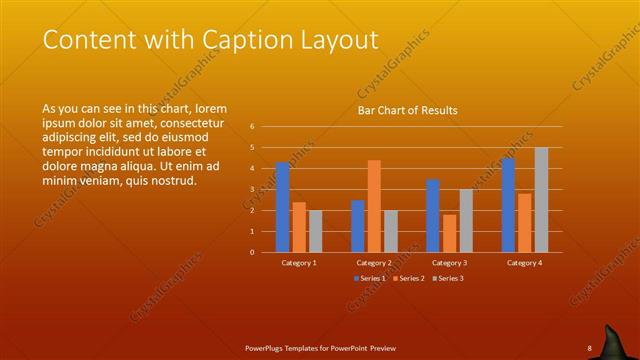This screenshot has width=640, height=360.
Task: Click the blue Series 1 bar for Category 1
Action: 283,207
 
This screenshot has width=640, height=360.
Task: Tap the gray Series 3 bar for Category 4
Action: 541,200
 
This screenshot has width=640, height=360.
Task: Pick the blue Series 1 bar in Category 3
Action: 433,215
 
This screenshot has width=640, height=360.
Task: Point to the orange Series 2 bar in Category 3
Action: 450,233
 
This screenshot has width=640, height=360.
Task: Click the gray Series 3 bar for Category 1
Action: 316,231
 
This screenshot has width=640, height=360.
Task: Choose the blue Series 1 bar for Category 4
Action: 508,205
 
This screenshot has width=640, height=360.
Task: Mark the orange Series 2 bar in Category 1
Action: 299,227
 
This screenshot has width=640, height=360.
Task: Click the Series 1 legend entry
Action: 371,278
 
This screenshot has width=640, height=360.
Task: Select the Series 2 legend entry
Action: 409,278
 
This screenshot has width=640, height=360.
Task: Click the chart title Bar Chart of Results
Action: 408,111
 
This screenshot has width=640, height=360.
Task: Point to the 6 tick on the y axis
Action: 253,127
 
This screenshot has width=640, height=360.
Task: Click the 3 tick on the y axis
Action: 253,190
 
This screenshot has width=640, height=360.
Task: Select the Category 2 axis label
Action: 374,263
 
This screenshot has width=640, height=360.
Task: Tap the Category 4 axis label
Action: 524,263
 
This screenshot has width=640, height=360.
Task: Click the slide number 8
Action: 589,347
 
